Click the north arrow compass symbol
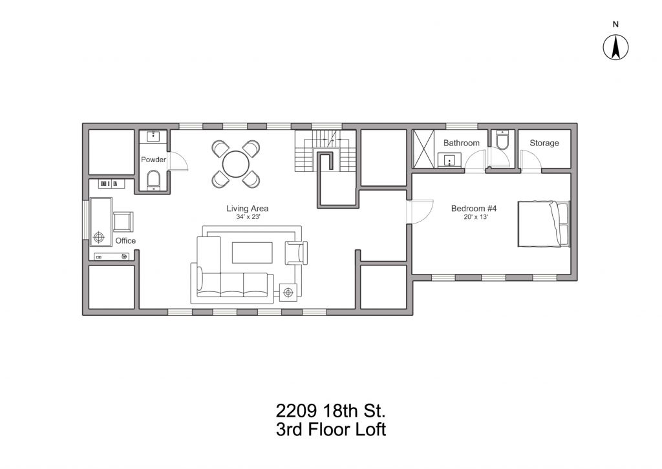(615, 47)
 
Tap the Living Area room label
(248, 209)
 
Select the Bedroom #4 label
(474, 209)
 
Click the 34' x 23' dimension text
(248, 217)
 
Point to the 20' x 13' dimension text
(476, 217)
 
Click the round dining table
(236, 164)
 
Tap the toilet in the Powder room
(153, 180)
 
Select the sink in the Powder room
(153, 136)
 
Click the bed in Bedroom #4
(544, 224)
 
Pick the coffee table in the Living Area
(252, 253)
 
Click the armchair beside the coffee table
(296, 253)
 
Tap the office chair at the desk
(123, 222)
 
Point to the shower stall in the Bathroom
(423, 149)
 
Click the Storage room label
(544, 143)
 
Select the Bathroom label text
(462, 143)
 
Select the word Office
(125, 240)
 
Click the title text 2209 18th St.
(331, 410)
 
